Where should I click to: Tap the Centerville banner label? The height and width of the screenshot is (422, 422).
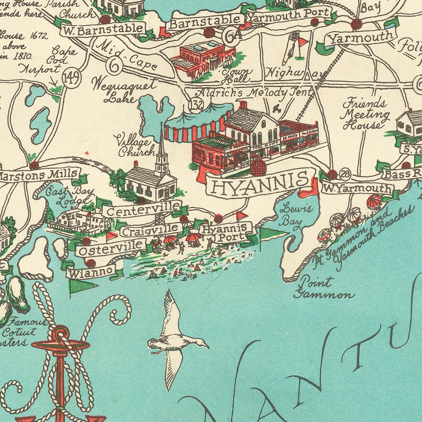click(x=142, y=209)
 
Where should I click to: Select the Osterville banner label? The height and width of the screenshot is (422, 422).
click(x=112, y=247)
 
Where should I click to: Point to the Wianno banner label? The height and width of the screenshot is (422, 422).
click(x=91, y=271)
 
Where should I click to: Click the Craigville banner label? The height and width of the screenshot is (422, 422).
click(x=151, y=229)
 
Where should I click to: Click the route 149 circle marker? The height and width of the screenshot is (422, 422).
click(x=71, y=78)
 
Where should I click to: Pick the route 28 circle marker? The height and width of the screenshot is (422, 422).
click(x=345, y=175)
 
